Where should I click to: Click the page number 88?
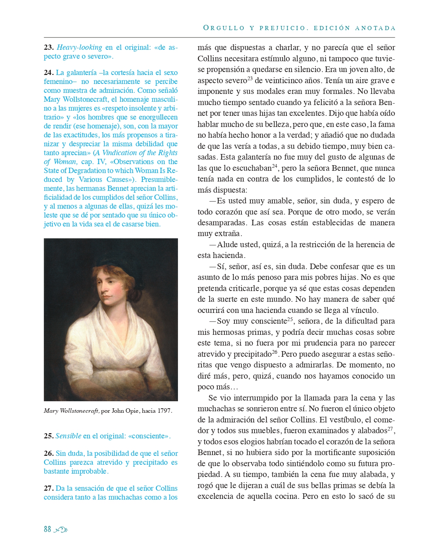tap(47, 529)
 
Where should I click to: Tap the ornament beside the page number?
tap(61, 530)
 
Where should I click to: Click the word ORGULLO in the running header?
tap(224, 28)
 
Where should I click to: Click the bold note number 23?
tap(49, 48)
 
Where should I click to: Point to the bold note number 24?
tap(49, 73)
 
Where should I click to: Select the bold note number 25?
tap(49, 436)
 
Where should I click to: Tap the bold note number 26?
tap(49, 454)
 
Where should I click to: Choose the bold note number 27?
tap(49, 488)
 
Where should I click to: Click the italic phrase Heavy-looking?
tap(80, 48)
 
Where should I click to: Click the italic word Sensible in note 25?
tap(68, 436)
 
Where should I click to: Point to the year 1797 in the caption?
tap(164, 411)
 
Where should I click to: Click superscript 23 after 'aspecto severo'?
tap(250, 79)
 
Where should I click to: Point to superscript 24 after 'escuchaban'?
tap(275, 166)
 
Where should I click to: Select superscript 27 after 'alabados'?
tap(390, 429)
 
